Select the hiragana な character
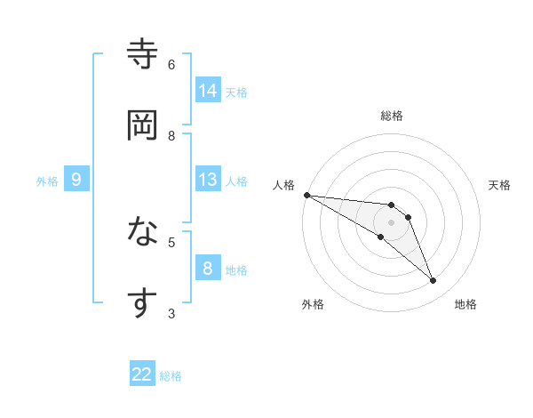[142, 233]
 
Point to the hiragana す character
[142, 302]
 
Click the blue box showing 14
[208, 91]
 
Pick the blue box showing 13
[208, 180]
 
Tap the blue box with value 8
[208, 269]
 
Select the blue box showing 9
[76, 181]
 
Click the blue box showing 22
[142, 374]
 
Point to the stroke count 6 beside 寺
[171, 64]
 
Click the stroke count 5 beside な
[171, 241]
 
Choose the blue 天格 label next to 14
[235, 92]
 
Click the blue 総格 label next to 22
[171, 376]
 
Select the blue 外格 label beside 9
[47, 181]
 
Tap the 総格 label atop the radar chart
[391, 116]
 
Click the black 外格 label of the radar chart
[313, 304]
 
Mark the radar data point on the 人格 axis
[306, 195]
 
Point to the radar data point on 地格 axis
[434, 281]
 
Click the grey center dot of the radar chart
[391, 222]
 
